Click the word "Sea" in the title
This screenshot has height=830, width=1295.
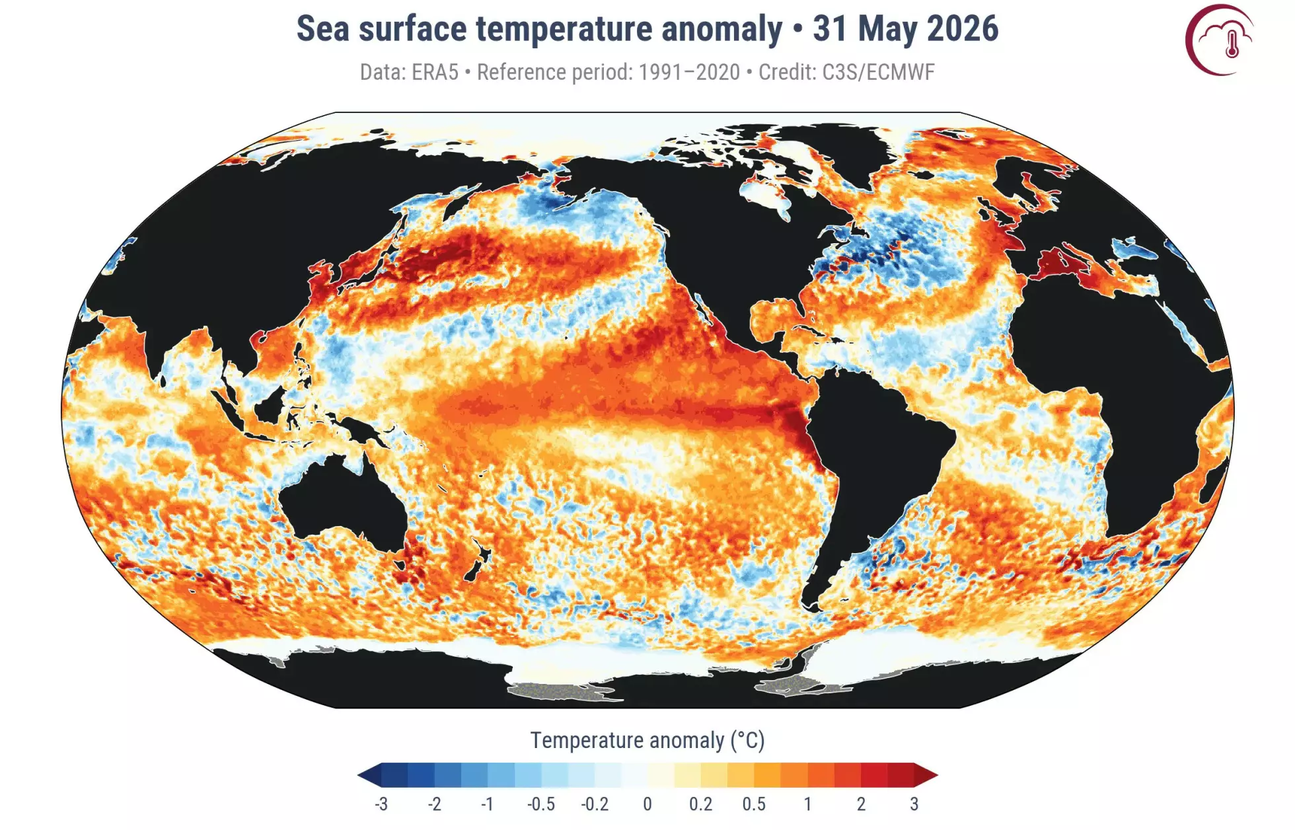[322, 29]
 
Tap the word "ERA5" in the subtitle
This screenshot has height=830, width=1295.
[434, 72]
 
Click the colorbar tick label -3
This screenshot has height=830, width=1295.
[381, 804]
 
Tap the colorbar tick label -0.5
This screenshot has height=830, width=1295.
[540, 804]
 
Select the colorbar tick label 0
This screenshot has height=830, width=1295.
[647, 804]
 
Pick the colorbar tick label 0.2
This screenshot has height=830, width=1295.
[700, 804]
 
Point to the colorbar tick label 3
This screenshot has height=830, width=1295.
[914, 804]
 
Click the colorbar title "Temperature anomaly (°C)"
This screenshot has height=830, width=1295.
[647, 741]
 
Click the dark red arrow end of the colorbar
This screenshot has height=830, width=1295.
[926, 774]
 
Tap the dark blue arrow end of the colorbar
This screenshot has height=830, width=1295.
[369, 774]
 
